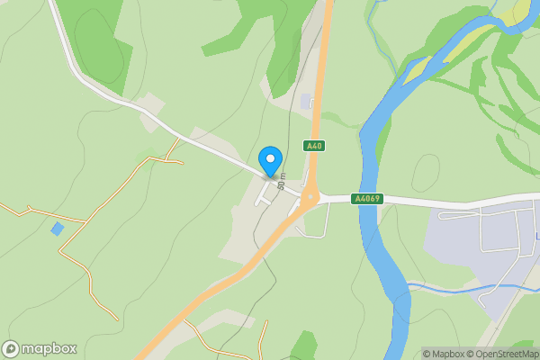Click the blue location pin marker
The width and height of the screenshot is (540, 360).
pos(269,160)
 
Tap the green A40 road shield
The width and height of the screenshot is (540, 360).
pos(314,146)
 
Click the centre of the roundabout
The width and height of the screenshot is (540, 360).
pos(310,197)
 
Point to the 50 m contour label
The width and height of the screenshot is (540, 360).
pos(282,181)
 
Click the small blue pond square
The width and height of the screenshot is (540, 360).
pos(58,229)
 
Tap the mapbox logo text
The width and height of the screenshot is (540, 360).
pos(49,348)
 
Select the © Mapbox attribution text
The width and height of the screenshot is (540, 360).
pos(443,354)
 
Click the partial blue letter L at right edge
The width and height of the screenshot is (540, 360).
pos(537,237)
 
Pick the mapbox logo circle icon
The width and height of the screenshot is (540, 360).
pos(11,348)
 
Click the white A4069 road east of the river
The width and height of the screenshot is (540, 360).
pos(450,202)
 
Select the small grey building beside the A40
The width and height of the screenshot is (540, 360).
pos(306,102)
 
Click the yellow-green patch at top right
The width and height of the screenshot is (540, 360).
pos(520,11)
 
